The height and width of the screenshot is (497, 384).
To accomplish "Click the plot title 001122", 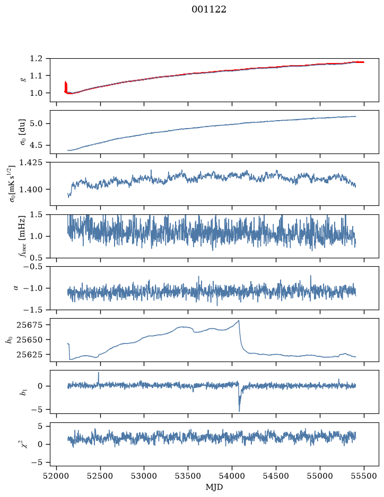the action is pyautogui.click(x=208, y=10).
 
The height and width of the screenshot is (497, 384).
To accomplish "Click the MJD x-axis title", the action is pyautogui.click(x=214, y=487).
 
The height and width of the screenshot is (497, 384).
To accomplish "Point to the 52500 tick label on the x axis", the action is pyautogui.click(x=100, y=476).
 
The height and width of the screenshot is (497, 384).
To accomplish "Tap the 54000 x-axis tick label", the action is pyautogui.click(x=232, y=476).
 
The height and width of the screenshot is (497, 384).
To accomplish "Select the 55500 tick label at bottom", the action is pyautogui.click(x=364, y=476).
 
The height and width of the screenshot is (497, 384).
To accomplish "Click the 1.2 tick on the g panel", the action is pyautogui.click(x=36, y=58).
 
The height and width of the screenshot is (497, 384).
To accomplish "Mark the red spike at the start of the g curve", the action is pyautogui.click(x=66, y=86).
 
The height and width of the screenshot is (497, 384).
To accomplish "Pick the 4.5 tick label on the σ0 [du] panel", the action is pyautogui.click(x=36, y=145).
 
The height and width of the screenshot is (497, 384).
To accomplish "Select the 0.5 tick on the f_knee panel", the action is pyautogui.click(x=36, y=258).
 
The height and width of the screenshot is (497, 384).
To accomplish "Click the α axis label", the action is pyautogui.click(x=16, y=288).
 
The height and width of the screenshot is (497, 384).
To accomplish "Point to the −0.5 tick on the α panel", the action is pyautogui.click(x=33, y=266).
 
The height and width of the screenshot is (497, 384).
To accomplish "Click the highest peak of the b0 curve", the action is pyautogui.click(x=239, y=320).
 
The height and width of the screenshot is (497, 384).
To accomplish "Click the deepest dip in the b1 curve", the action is pyautogui.click(x=240, y=411).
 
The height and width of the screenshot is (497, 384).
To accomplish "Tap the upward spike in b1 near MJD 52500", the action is pyautogui.click(x=99, y=373).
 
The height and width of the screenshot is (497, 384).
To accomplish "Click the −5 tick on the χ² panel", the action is pyautogui.click(x=37, y=463).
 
